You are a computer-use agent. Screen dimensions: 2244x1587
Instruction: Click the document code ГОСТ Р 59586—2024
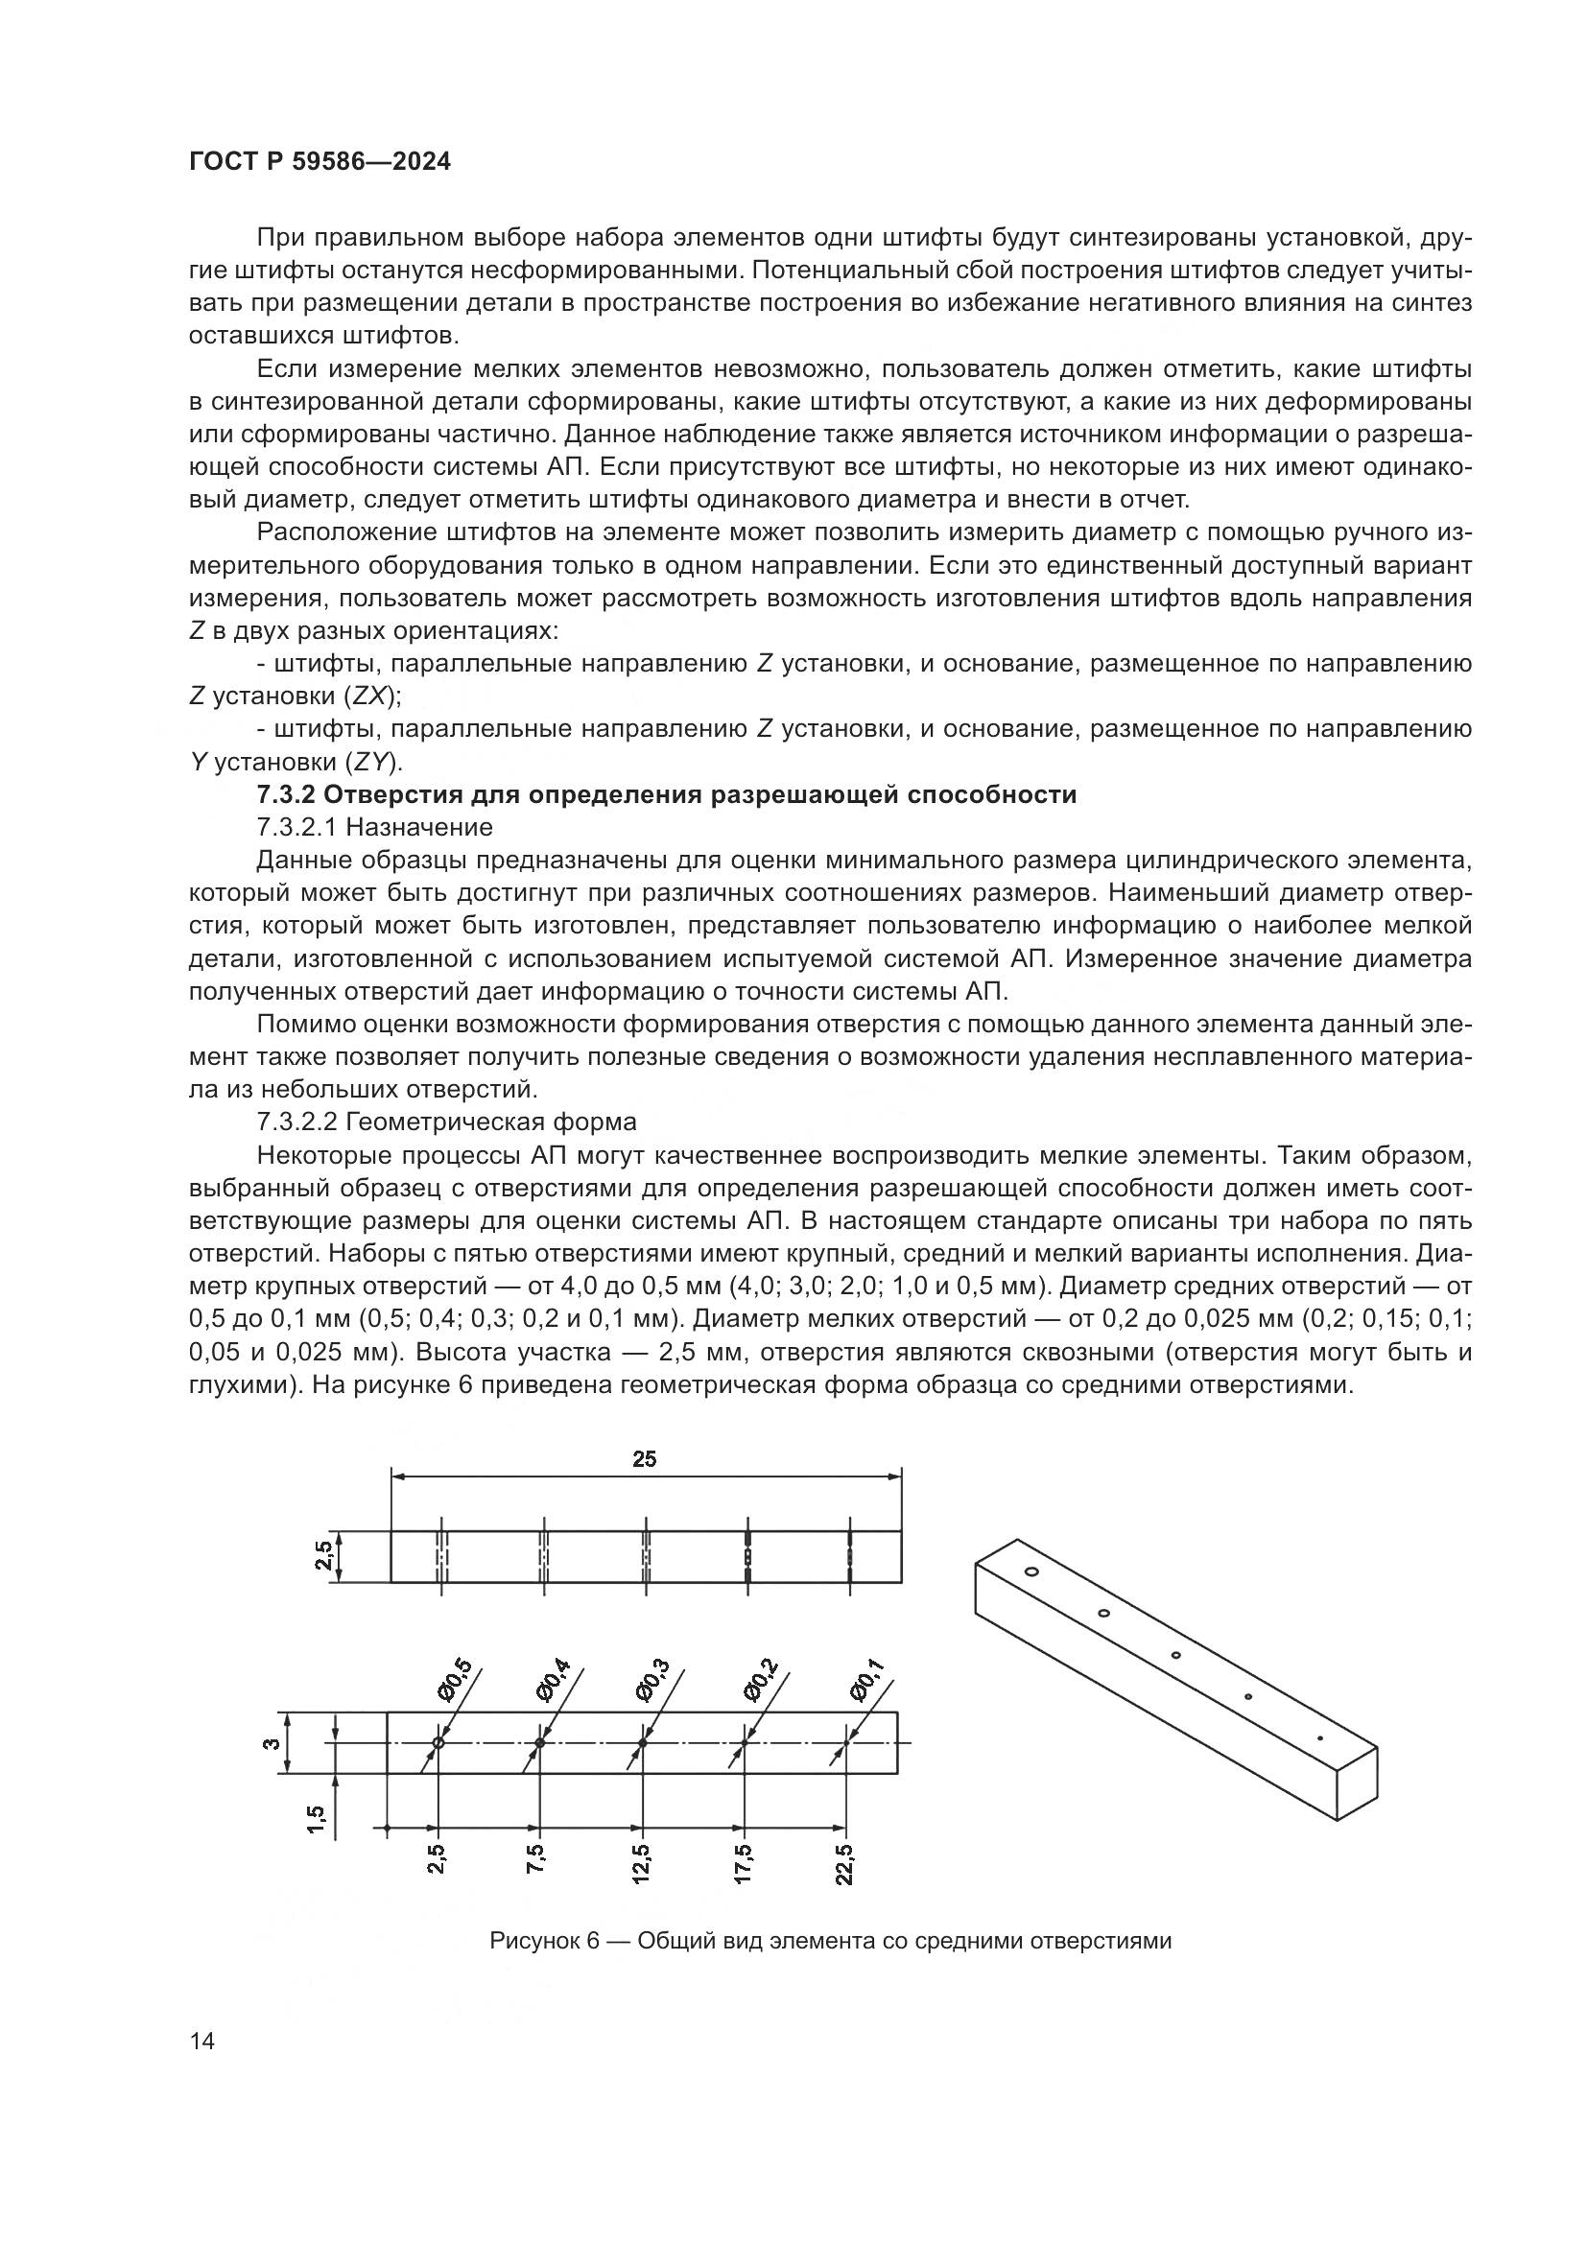(x=320, y=162)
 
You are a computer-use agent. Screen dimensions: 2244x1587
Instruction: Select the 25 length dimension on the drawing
(x=644, y=1459)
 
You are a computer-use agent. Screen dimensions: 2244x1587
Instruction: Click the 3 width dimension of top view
(x=274, y=1742)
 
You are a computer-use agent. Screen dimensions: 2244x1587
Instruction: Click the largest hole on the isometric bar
(x=1030, y=1571)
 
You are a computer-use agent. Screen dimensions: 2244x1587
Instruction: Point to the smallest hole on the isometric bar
(x=1320, y=1738)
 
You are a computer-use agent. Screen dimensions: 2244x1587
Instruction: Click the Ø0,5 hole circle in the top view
(x=438, y=1742)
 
